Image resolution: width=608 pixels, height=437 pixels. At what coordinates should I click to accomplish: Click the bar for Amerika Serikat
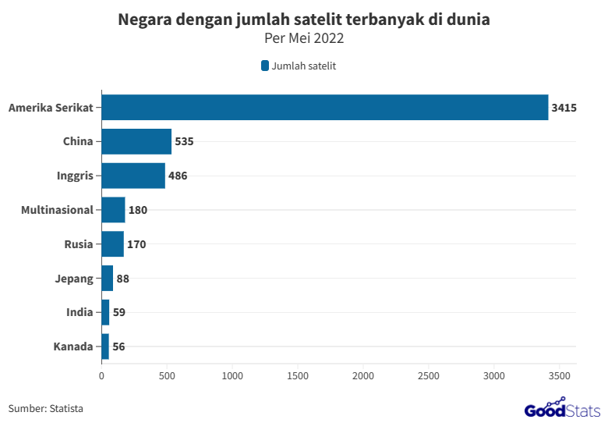tap(324, 108)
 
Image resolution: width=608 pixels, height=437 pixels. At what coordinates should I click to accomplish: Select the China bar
tap(136, 142)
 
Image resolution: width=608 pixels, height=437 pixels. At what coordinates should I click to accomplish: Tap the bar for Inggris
tap(133, 176)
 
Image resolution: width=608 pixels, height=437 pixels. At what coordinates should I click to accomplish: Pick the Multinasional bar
tap(113, 210)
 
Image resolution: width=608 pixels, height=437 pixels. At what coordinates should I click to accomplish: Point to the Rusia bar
tap(112, 244)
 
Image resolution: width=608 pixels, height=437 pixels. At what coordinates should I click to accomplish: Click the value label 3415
tap(564, 108)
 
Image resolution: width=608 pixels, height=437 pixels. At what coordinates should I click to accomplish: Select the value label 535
tap(184, 142)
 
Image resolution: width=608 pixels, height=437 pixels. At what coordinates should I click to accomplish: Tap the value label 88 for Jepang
tap(122, 279)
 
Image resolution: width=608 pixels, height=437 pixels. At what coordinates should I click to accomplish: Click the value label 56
tap(118, 346)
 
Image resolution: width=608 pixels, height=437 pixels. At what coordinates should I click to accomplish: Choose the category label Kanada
tap(73, 346)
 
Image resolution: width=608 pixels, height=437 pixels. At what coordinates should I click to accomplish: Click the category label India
tap(80, 312)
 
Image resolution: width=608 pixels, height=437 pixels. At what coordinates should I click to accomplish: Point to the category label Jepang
tap(75, 279)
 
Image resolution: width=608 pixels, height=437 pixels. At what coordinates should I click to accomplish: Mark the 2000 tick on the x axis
tap(363, 376)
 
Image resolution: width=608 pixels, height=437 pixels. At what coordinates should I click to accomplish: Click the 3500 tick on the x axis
tap(560, 376)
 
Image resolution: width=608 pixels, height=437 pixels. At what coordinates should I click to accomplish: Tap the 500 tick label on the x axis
tap(167, 376)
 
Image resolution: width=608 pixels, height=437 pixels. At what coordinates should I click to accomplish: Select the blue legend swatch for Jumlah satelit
tap(265, 66)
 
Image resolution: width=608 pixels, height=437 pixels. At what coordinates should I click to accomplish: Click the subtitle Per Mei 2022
tap(304, 38)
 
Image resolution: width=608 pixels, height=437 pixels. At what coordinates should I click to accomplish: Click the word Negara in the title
tap(143, 20)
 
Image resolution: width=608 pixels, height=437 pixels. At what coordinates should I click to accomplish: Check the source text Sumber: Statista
tap(46, 408)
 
